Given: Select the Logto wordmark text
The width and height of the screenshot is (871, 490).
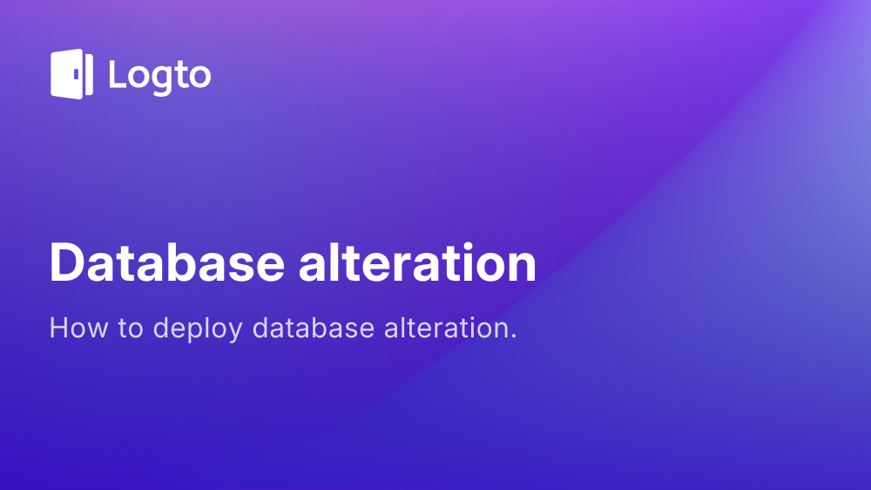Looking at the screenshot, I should (x=159, y=76).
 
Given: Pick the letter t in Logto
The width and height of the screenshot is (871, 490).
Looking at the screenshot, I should (x=179, y=75).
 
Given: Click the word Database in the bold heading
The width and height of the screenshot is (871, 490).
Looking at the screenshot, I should (x=165, y=262).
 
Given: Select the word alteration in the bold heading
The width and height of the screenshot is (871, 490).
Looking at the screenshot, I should (x=417, y=262).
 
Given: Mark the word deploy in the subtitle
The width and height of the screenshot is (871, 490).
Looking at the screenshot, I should (x=197, y=330).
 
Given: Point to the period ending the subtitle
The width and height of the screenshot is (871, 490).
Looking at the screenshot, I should (x=514, y=337).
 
